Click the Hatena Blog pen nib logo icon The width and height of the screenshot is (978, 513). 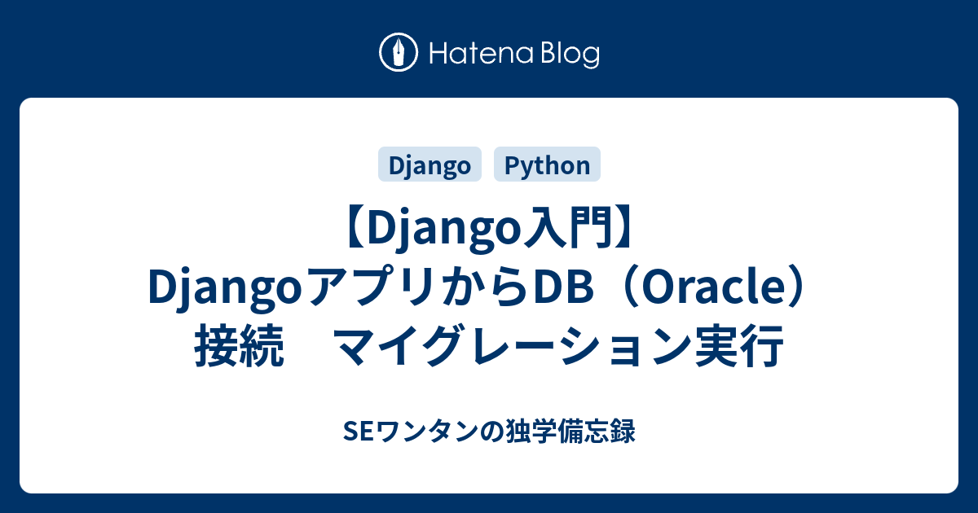(x=399, y=54)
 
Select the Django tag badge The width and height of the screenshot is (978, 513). (x=430, y=165)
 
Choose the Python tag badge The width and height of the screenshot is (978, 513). (x=547, y=165)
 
